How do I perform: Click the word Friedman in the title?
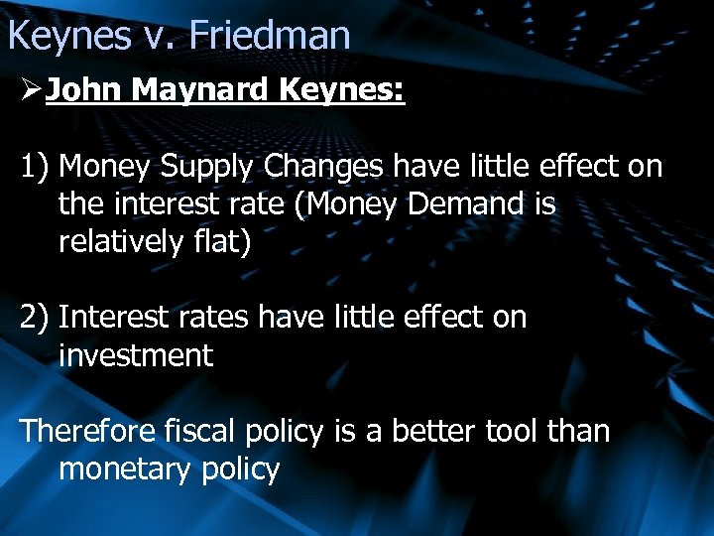(x=270, y=36)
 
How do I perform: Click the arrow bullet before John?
(x=30, y=92)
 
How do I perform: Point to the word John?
(x=84, y=92)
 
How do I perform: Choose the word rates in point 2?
(x=214, y=318)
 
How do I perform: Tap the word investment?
(x=136, y=355)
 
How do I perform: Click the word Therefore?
(x=86, y=431)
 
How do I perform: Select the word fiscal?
(x=190, y=431)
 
